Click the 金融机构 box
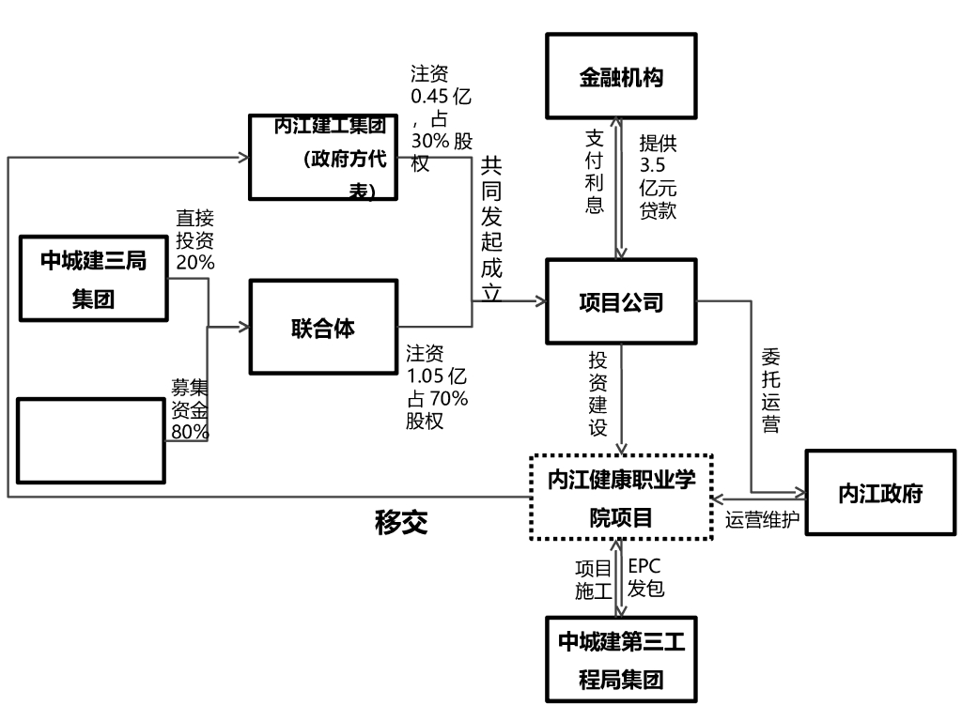pos(621,76)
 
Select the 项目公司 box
pos(621,301)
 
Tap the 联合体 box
pos(323,328)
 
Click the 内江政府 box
pos(880,493)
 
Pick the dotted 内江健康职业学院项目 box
pos(621,497)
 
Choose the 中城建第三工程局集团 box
pos(621,660)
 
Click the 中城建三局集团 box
pos(93,278)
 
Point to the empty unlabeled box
pos(91,439)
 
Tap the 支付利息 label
pos(594,171)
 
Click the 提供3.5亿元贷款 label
pos(658,176)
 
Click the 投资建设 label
pos(598,393)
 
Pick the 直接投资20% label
pos(194,241)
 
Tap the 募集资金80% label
pos(190,409)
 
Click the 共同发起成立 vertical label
pos(490,229)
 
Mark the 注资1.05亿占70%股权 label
pos(437,388)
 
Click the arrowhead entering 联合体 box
pos(244,327)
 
